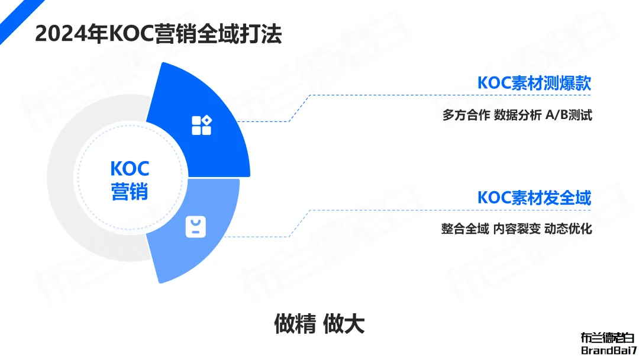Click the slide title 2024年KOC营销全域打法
pos(159,33)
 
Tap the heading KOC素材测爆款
pos(534,83)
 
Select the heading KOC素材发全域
pos(534,198)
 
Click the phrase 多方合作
pos(466,115)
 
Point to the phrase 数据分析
pos(518,115)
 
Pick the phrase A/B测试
pos(569,115)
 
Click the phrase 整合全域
pos(465,229)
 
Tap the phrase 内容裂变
pos(517,229)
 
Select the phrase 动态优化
pos(568,229)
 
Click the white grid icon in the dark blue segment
pos(202,125)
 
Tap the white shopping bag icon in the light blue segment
pos(196,227)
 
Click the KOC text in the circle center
pos(130,169)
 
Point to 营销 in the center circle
pos(130,192)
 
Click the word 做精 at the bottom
pos(295,324)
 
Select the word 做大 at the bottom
pos(344,324)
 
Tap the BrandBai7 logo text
pos(609,350)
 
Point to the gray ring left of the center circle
pos(61,178)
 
